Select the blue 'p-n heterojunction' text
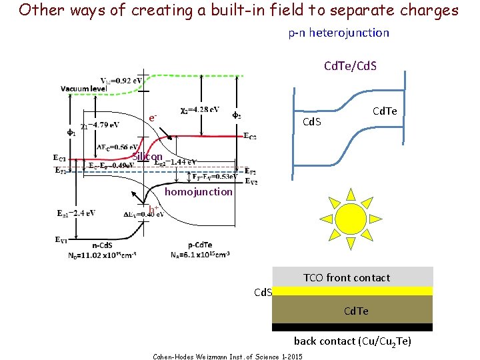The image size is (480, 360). [339, 33]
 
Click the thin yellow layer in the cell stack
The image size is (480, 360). [352, 291]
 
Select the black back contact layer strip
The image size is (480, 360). [352, 327]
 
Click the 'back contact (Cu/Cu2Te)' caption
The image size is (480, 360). [353, 341]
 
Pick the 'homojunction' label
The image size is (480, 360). [199, 192]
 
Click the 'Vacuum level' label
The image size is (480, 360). [83, 89]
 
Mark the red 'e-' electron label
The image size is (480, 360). [153, 118]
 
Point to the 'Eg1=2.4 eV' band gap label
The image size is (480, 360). [74, 213]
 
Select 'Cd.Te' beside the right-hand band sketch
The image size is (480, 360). [385, 111]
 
